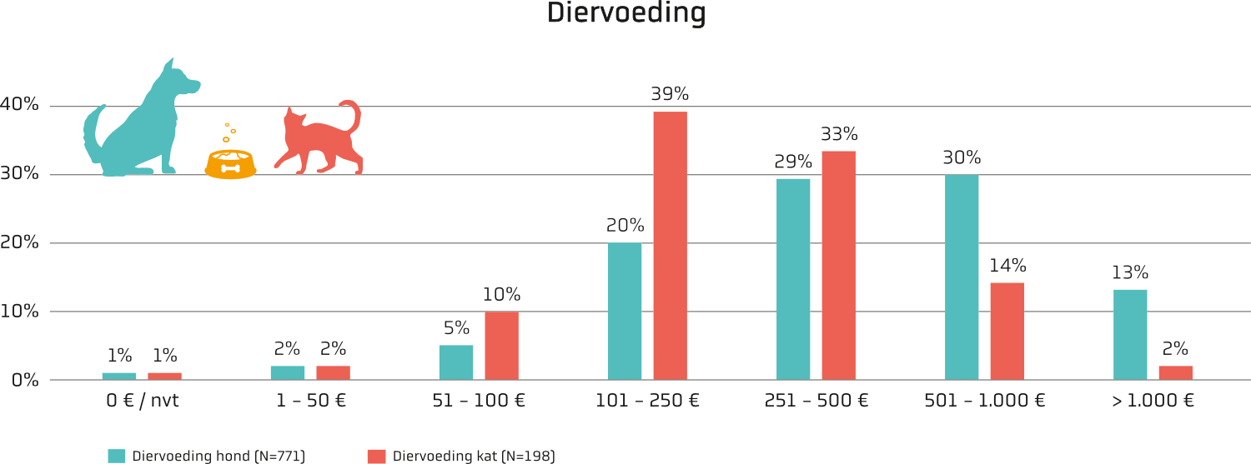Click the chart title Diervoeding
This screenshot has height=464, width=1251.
click(x=626, y=12)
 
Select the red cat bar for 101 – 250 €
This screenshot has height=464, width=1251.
click(x=671, y=246)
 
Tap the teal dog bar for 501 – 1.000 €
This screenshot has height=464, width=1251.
click(x=962, y=277)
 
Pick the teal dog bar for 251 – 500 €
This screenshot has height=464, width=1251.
click(x=793, y=279)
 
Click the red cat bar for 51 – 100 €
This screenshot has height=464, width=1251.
click(x=501, y=346)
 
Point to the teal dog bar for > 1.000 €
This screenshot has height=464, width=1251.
click(x=1130, y=335)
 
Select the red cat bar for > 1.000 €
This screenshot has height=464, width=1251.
click(x=1176, y=373)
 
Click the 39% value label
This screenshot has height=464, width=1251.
click(x=670, y=93)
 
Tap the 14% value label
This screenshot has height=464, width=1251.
click(x=1007, y=266)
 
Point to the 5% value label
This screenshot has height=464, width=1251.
click(x=456, y=328)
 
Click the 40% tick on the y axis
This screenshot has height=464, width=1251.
click(x=19, y=104)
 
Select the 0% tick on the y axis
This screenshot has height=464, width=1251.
click(x=25, y=381)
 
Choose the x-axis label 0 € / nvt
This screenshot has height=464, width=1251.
click(x=143, y=401)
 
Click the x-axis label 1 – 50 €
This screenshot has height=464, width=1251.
click(x=311, y=401)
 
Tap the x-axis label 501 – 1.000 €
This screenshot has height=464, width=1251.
click(x=985, y=401)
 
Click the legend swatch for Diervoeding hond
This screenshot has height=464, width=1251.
click(x=116, y=457)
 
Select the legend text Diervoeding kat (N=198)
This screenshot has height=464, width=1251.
click(x=474, y=457)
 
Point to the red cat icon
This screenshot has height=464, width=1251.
click(x=319, y=137)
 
